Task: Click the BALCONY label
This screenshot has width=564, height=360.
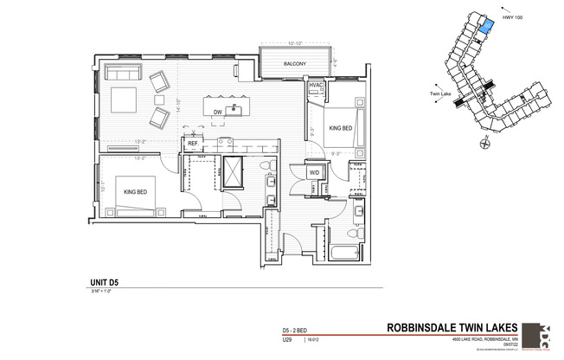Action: [x=292, y=63]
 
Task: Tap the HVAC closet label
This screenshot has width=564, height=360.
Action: [x=316, y=85]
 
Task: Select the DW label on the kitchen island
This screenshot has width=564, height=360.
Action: [x=219, y=112]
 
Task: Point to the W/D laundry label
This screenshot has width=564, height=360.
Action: [x=314, y=172]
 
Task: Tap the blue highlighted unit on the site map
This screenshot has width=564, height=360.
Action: [x=486, y=25]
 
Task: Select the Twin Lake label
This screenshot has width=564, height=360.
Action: [x=440, y=95]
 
